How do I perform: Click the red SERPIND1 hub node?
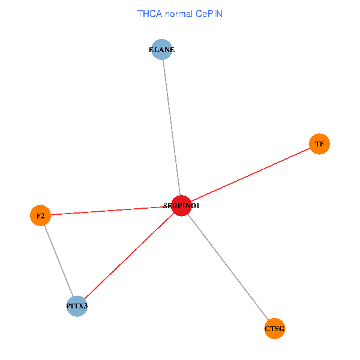181,206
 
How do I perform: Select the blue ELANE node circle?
162,50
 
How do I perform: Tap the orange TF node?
319,144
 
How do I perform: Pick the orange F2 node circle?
40,215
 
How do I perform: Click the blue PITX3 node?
77,306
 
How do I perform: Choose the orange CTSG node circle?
274,328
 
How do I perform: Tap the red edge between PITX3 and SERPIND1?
129,256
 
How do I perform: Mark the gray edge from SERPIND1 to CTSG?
228,268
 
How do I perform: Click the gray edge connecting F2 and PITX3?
58,260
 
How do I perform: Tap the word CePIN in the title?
210,13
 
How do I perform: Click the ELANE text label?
162,50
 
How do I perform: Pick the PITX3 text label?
77,307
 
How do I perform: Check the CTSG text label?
274,329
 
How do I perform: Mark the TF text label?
319,145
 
